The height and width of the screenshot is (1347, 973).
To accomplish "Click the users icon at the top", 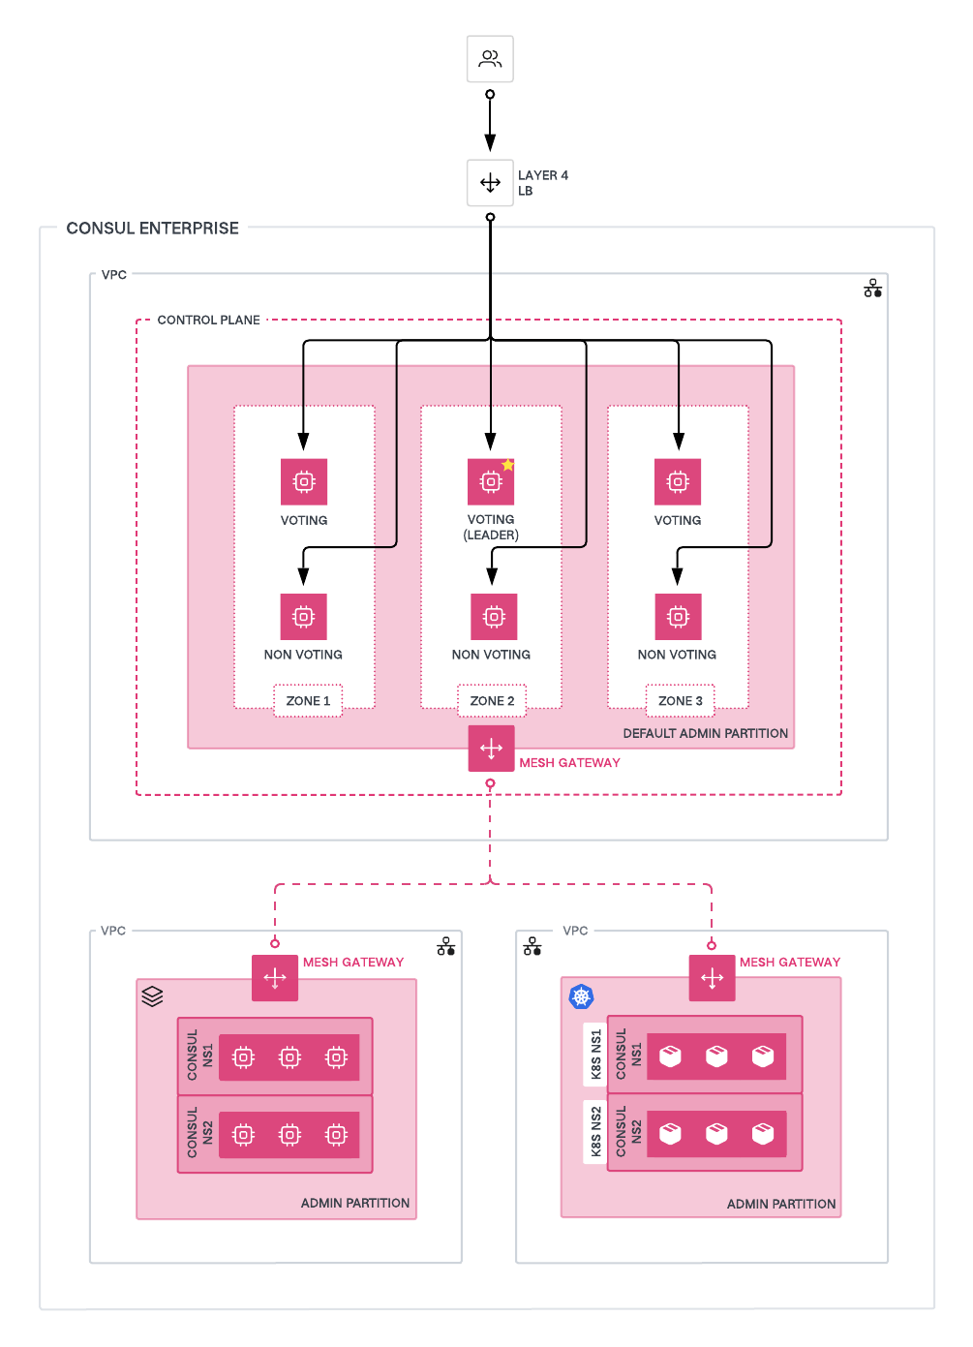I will (x=490, y=59).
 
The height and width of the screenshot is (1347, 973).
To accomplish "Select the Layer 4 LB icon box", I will (x=490, y=183).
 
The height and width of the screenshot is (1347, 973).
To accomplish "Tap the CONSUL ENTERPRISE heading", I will (x=152, y=229).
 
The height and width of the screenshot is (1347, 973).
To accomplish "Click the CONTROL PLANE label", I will (x=208, y=320).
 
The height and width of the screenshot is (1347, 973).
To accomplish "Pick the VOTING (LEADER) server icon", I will (x=491, y=482).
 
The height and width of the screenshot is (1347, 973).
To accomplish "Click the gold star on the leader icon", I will (x=508, y=465).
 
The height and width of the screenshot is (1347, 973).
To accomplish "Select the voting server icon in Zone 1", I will (x=304, y=482).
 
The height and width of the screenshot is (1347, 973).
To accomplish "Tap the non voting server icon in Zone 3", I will (x=678, y=617).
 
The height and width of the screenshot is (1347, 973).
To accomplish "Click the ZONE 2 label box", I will (x=492, y=701).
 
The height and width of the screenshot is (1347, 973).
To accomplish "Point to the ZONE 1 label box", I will (x=308, y=701).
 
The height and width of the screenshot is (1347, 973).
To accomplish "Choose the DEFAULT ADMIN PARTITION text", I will (x=705, y=733).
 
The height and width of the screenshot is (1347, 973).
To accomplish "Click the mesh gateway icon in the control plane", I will (x=491, y=749).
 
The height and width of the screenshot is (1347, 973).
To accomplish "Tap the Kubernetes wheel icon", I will (x=581, y=996).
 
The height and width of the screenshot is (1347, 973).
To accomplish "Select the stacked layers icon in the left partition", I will (x=152, y=995).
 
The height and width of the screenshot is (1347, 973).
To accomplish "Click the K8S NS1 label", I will (x=595, y=1055).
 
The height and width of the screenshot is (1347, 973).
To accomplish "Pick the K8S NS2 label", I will (x=595, y=1131).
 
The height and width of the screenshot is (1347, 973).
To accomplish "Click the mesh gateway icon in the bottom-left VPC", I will (x=275, y=978).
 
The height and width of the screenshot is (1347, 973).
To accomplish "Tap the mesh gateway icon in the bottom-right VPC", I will (x=712, y=978).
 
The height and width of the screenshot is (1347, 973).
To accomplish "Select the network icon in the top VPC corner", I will (x=872, y=289).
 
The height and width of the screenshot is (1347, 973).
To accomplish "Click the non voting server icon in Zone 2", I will (x=494, y=617).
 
